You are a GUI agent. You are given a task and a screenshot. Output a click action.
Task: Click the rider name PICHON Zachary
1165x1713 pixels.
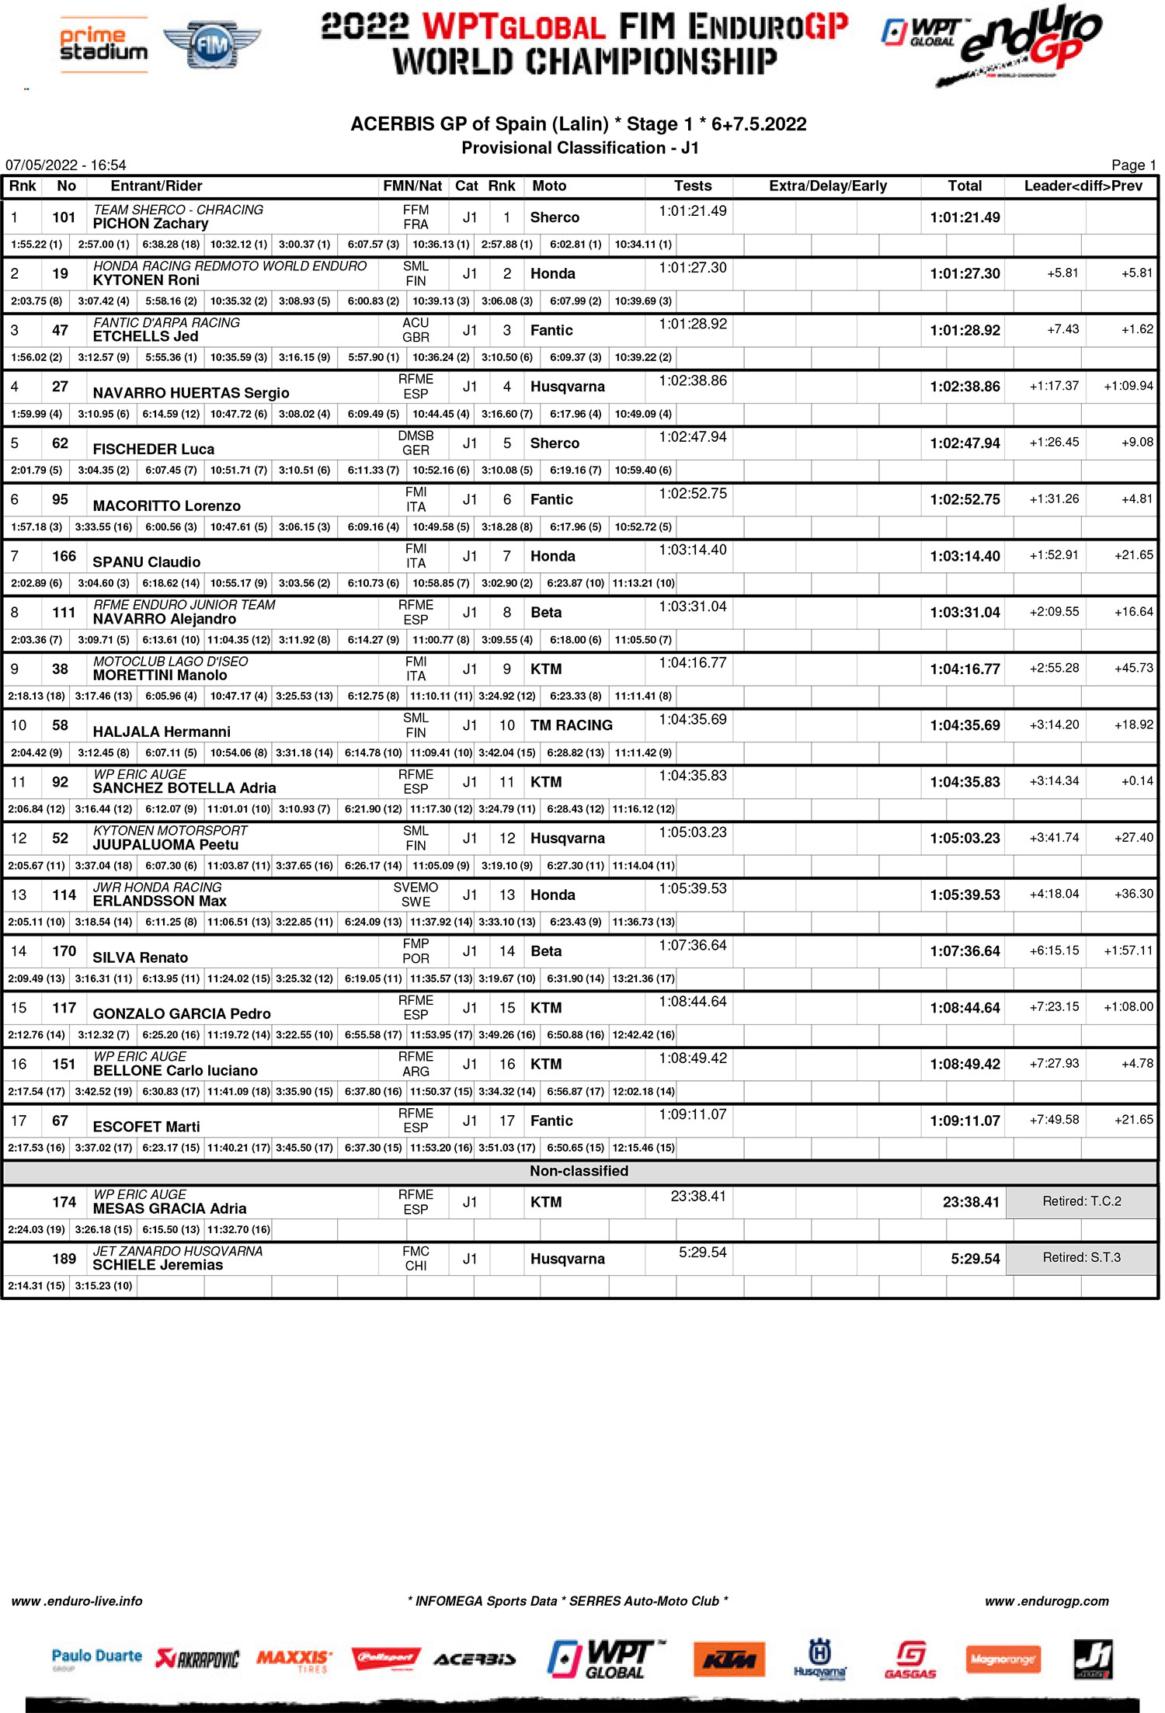(151, 224)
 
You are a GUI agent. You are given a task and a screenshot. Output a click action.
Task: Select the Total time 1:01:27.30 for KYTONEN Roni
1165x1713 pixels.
(965, 274)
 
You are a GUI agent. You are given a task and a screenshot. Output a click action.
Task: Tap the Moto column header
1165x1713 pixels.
(549, 186)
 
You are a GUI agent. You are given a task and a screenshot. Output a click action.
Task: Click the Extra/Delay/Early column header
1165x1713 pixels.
(827, 186)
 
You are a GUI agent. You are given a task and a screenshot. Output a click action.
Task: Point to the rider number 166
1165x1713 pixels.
(64, 556)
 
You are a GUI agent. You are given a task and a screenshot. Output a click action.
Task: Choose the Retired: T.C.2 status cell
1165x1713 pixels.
(1081, 1201)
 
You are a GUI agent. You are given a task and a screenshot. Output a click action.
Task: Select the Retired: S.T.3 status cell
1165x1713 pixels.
(1081, 1257)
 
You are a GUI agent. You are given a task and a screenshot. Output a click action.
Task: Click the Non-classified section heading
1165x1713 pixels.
(579, 1171)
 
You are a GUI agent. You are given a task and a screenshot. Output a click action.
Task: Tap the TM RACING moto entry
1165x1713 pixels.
(571, 725)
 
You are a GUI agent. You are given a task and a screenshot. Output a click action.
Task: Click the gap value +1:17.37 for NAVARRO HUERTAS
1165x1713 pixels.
(1054, 386)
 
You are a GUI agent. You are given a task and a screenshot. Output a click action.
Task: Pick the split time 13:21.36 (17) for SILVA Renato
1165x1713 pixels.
(643, 978)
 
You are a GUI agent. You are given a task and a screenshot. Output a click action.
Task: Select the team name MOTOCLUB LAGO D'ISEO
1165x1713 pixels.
(170, 662)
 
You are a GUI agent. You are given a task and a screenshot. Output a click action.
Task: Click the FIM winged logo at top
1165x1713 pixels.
(212, 44)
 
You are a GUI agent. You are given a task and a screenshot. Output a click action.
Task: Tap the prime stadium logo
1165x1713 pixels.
(104, 44)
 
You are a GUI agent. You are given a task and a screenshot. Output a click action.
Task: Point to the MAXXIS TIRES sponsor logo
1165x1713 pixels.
(294, 1660)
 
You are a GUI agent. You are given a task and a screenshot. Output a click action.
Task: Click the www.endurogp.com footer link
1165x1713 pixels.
(1046, 1600)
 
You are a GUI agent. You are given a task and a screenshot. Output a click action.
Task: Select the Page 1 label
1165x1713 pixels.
(1133, 165)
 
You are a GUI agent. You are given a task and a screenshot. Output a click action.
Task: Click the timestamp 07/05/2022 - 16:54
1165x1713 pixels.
(66, 165)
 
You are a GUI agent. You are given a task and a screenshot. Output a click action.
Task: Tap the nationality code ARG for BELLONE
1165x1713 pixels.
(416, 1072)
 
